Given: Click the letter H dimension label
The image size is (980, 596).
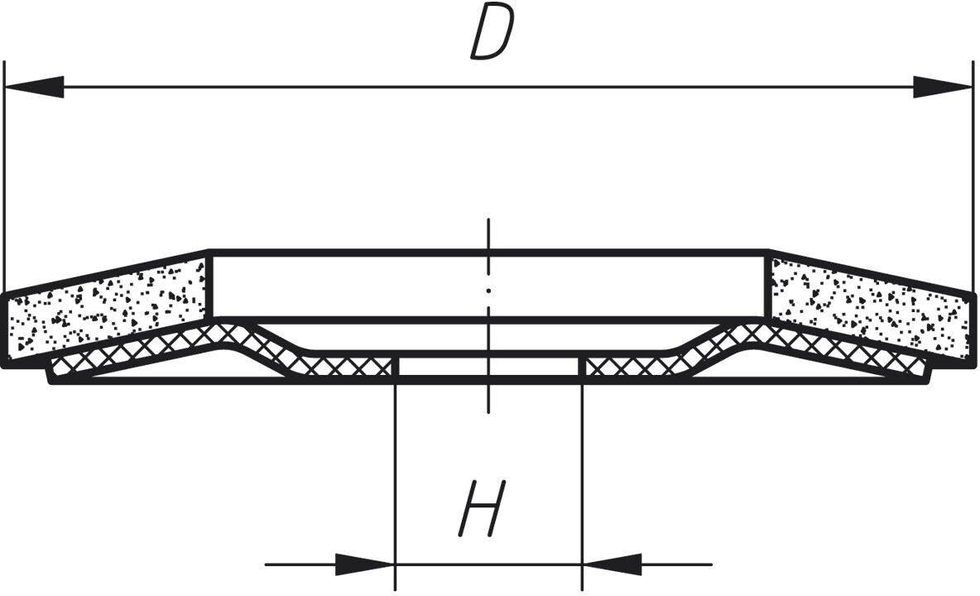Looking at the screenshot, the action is (x=482, y=507).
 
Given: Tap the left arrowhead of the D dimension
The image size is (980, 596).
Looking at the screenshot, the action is (x=35, y=87).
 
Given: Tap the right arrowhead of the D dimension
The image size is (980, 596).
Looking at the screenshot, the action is (x=942, y=87).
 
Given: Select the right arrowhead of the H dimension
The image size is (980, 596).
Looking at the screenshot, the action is (x=612, y=565).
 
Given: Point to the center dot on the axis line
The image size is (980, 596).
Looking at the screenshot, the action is (x=488, y=291).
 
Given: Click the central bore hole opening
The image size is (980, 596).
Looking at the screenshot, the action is (x=488, y=368).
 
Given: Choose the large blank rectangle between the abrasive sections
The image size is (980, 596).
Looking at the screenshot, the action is (x=488, y=285).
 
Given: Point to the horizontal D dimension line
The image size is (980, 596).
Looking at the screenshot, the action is (x=488, y=87).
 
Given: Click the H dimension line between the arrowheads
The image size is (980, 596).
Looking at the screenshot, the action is (x=488, y=565).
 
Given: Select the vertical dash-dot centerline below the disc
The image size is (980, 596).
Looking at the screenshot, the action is (x=488, y=397).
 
